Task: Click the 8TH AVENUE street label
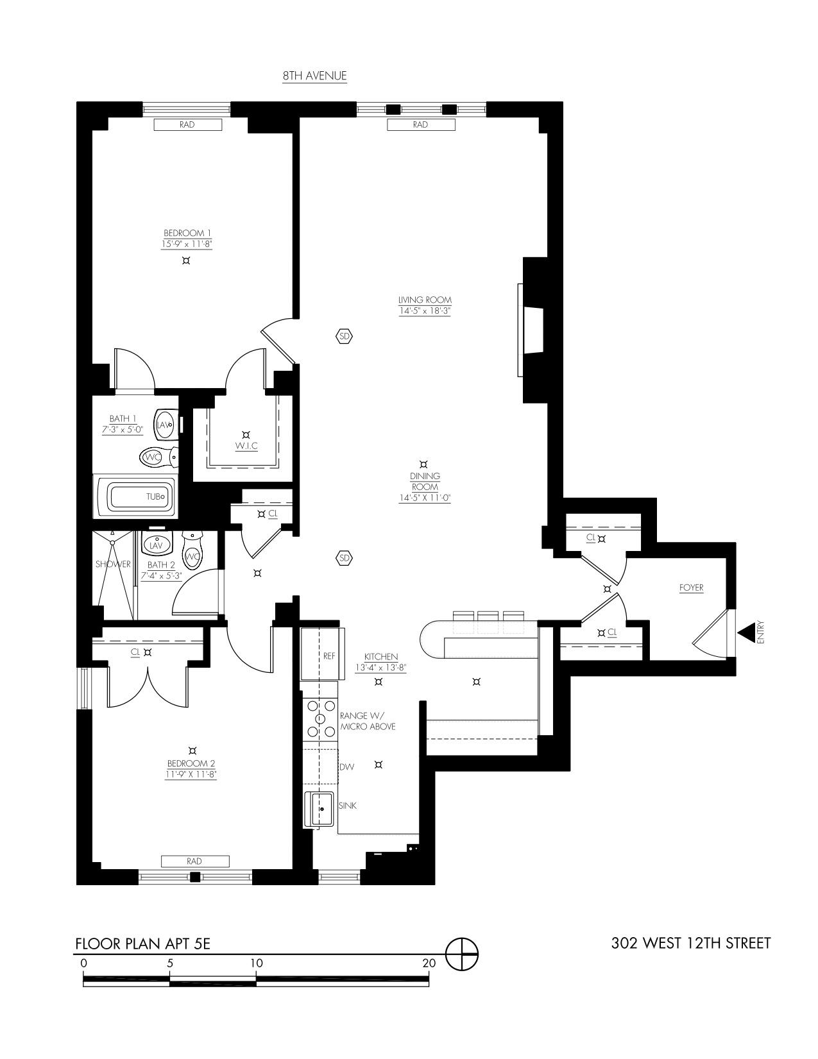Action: tap(314, 76)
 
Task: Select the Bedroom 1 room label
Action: tap(187, 233)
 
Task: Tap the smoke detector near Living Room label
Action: tap(344, 335)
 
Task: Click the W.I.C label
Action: tap(246, 446)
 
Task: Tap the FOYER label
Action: tap(691, 588)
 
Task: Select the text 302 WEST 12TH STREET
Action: tap(691, 943)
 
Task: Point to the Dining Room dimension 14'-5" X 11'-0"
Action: tap(425, 498)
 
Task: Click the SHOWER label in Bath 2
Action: tap(113, 564)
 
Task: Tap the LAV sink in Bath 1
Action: tap(164, 425)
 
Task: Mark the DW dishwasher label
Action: tap(346, 767)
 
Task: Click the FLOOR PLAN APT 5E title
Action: tap(142, 944)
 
